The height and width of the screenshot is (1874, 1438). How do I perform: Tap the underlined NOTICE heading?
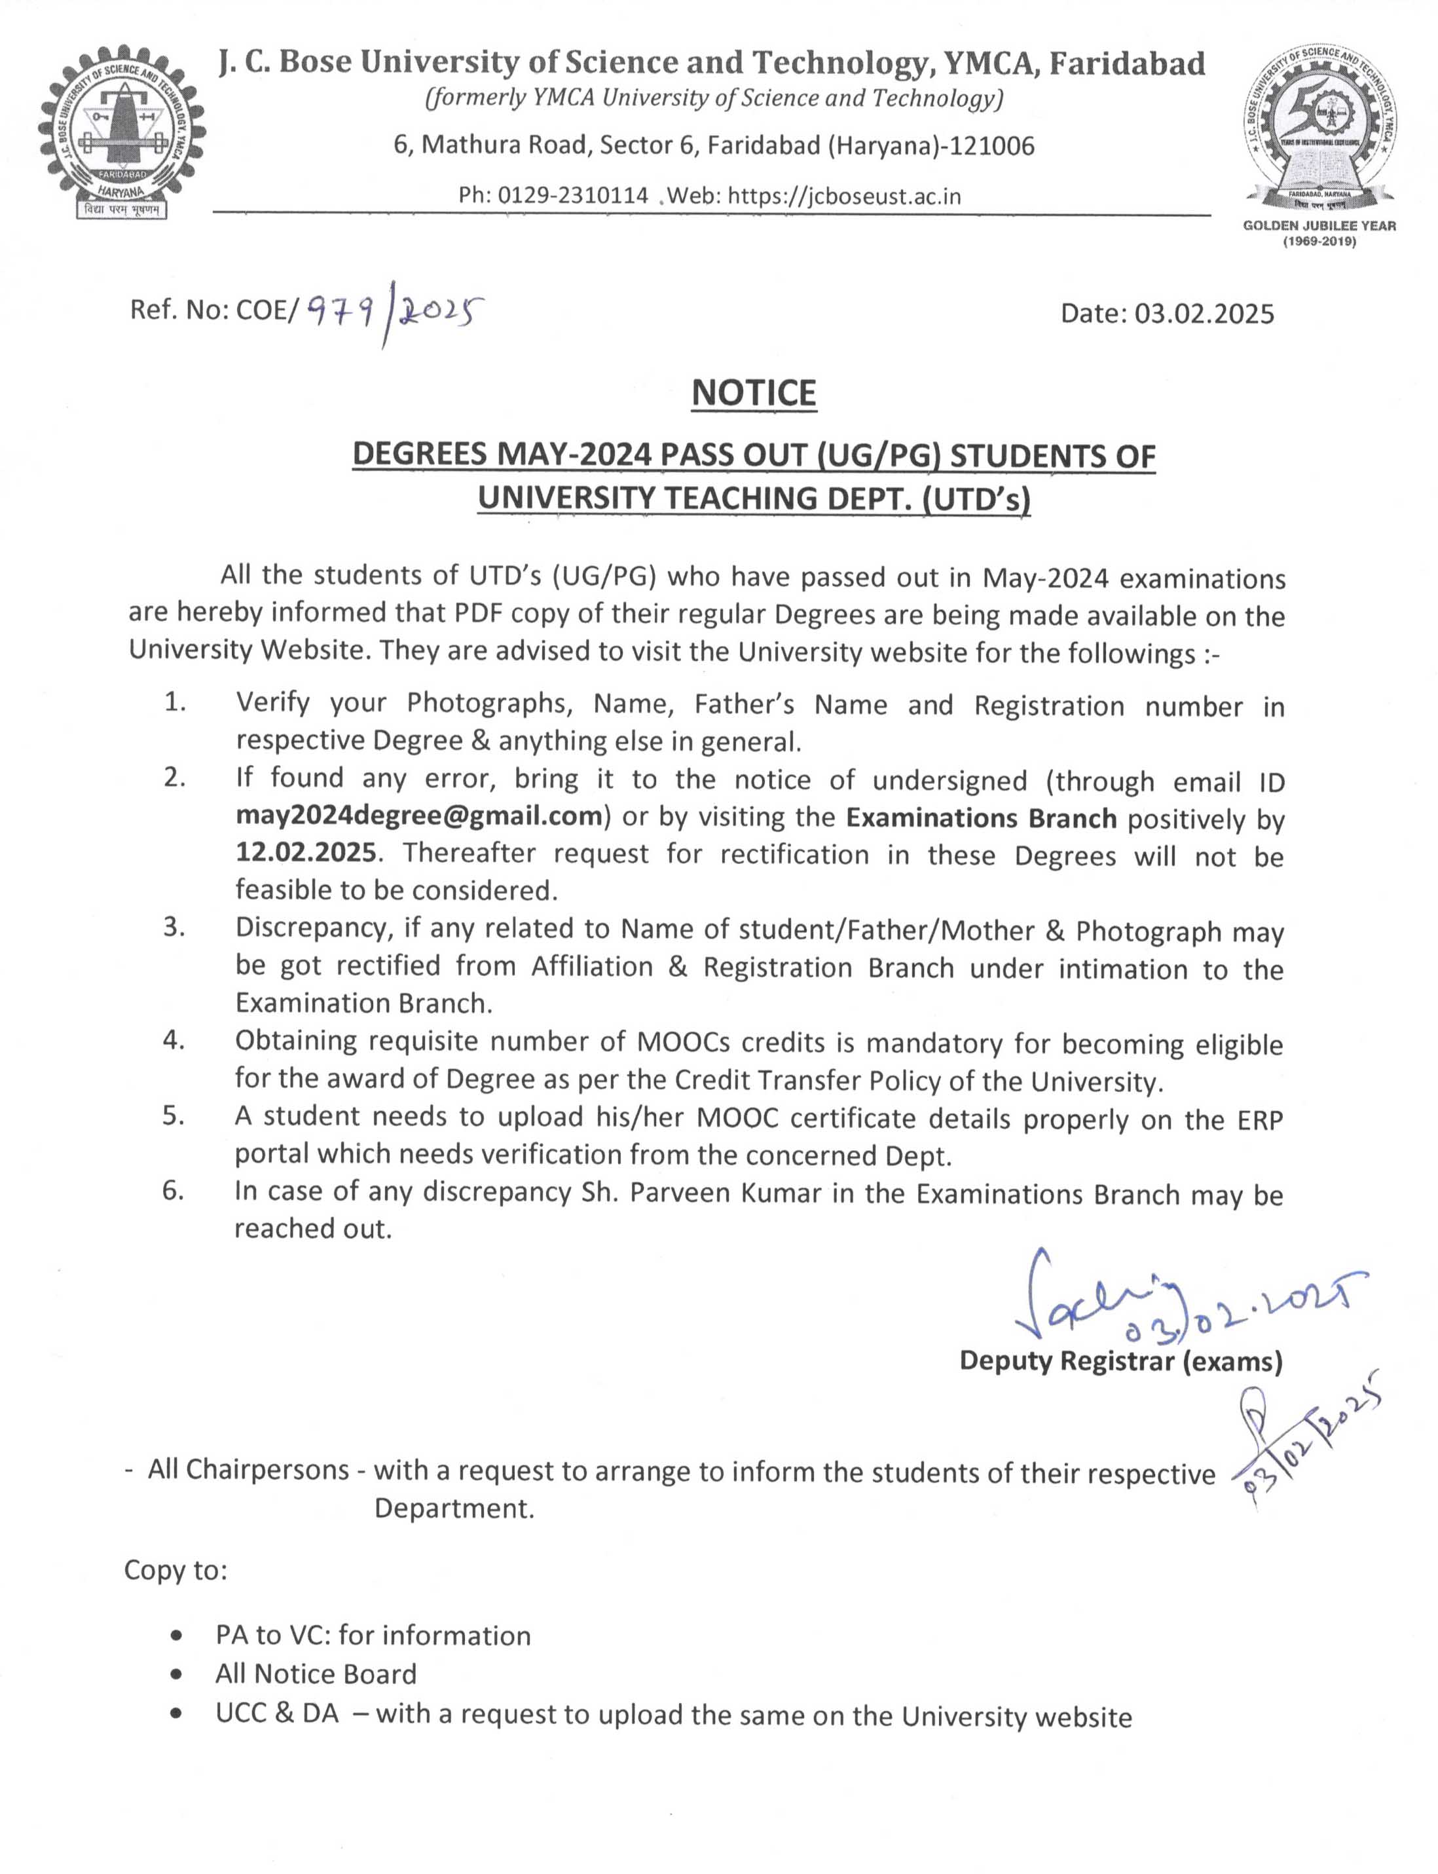click(x=753, y=393)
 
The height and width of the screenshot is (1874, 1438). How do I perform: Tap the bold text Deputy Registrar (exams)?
click(x=1121, y=1360)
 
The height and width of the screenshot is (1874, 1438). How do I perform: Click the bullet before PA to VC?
click(x=176, y=1636)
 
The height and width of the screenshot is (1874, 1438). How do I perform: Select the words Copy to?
click(x=176, y=1569)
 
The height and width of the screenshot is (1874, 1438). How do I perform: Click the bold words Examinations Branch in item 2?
click(x=982, y=817)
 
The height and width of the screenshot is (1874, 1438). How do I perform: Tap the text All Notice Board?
click(x=316, y=1674)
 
